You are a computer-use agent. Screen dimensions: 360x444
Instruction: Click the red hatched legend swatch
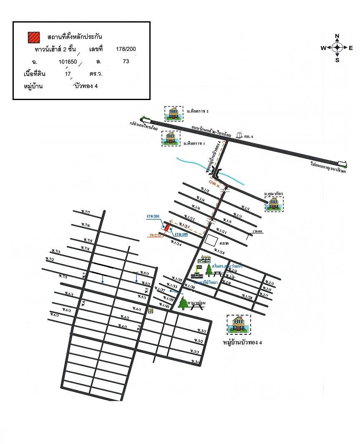click(34, 37)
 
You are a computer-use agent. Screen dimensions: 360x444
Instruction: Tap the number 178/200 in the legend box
click(126, 49)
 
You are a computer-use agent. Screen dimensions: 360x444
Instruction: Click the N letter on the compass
click(337, 36)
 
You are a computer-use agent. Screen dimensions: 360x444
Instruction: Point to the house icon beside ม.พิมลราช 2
click(173, 113)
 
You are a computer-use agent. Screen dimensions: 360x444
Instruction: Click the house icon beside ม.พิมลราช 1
click(171, 138)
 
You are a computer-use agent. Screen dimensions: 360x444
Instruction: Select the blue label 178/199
click(181, 235)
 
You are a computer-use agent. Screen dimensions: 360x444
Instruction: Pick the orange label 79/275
click(155, 235)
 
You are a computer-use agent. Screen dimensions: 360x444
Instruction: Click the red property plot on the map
click(166, 227)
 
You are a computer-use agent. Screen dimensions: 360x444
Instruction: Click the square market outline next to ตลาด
click(211, 241)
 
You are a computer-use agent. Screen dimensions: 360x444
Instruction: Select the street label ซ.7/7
click(86, 212)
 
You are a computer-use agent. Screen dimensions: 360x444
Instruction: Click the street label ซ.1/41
click(165, 306)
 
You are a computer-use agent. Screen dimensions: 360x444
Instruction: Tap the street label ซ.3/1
click(202, 331)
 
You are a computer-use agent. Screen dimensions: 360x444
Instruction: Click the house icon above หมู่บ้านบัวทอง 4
click(239, 325)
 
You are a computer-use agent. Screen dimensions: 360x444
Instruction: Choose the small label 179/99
click(258, 231)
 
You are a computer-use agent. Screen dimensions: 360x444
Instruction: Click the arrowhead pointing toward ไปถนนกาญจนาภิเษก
click(342, 163)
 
